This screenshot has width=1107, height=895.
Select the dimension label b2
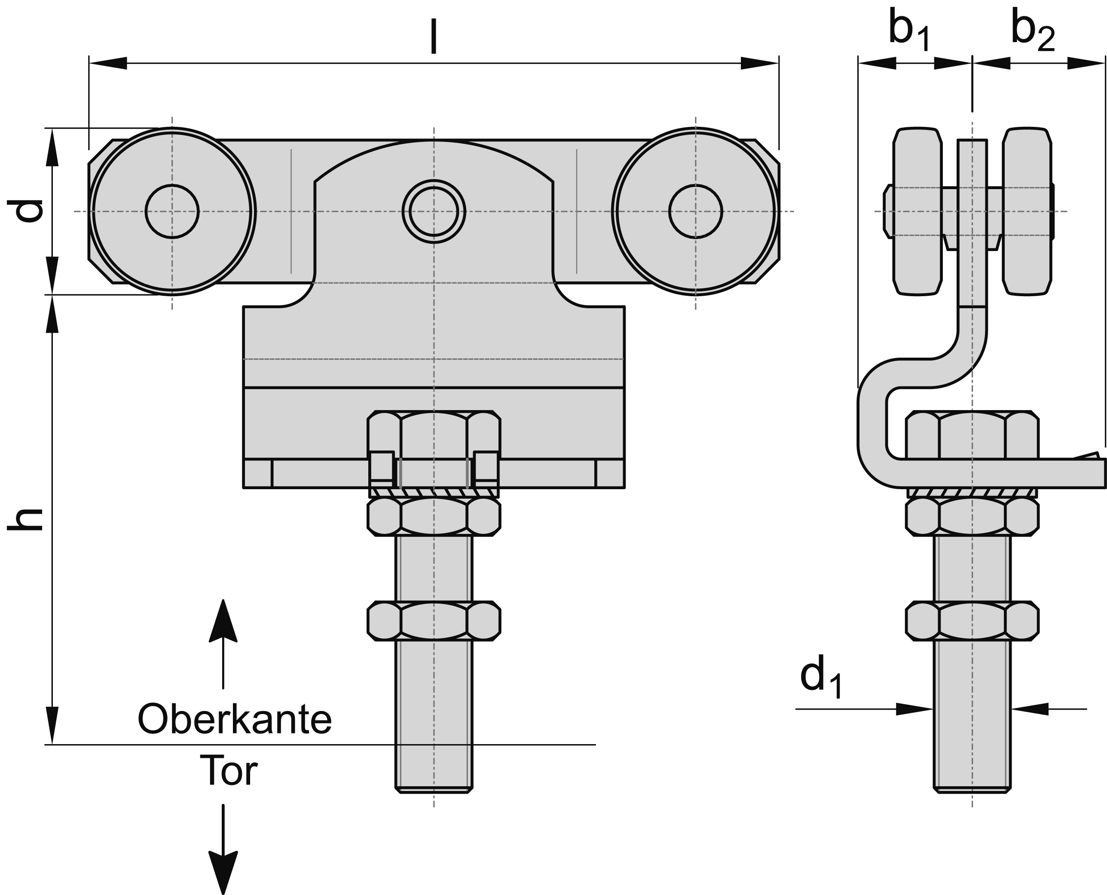point(1032,32)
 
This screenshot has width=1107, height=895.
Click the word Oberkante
point(235,720)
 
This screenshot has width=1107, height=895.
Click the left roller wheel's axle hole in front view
point(172,211)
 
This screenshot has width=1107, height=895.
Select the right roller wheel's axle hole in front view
point(695,211)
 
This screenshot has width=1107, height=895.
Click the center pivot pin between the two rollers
point(434,211)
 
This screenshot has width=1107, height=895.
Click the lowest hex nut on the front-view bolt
point(434,621)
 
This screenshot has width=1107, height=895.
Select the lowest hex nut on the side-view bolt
point(972,621)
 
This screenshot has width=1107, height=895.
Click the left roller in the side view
point(917,211)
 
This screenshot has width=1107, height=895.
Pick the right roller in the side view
point(1027,211)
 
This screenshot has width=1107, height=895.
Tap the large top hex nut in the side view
point(972,435)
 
